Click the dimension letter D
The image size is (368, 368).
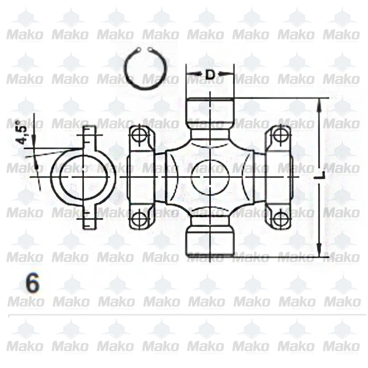tap(210, 75)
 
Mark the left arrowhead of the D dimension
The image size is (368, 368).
tap(190, 75)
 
